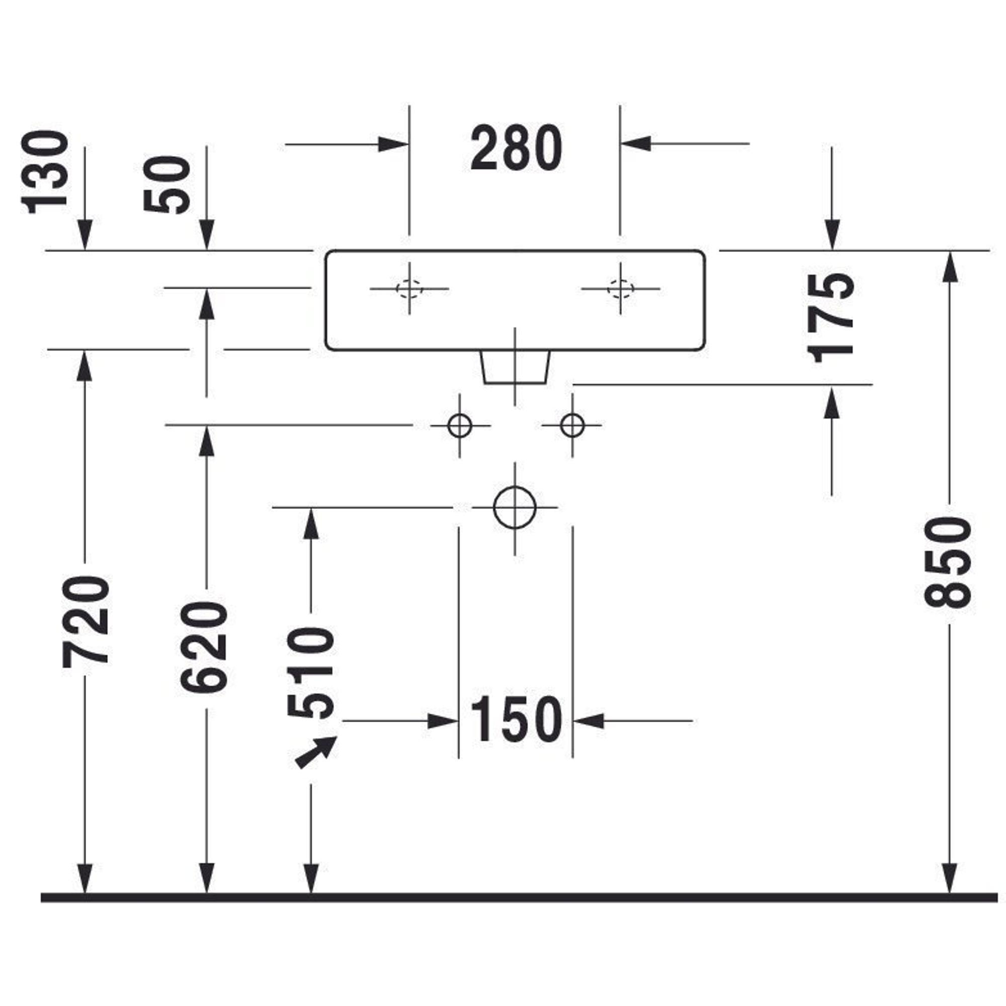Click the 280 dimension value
(x=516, y=148)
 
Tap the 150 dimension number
(x=516, y=721)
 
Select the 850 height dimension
(x=948, y=563)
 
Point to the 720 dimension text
(x=86, y=621)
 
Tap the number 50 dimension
(x=167, y=185)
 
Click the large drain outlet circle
(x=515, y=507)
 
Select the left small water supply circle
(x=459, y=426)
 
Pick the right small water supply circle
(x=572, y=426)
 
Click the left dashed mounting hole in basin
(x=409, y=288)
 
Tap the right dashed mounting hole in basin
(x=620, y=288)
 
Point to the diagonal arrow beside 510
(x=315, y=753)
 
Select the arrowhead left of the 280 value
(x=393, y=144)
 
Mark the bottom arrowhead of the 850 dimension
(x=950, y=879)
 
